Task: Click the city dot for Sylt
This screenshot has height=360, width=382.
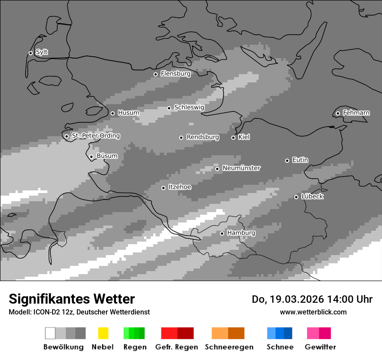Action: coord(30,53)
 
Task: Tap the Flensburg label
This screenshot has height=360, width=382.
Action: coord(175,74)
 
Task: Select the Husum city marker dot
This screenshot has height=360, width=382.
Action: coord(112,113)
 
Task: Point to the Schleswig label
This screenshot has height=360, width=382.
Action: coord(189,107)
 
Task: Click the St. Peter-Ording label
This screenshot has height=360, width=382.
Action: coord(95,136)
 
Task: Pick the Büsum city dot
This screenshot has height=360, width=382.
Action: coord(91,157)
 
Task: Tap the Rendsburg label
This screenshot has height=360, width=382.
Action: coord(202,137)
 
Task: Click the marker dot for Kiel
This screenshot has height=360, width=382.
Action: coord(233,137)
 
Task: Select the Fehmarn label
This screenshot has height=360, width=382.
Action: coord(356,113)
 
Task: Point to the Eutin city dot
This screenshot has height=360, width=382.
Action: coord(287,160)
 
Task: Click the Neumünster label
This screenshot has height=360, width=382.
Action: coord(241,168)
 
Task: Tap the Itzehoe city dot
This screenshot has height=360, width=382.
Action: coord(163,188)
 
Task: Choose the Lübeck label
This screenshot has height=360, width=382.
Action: coord(312,196)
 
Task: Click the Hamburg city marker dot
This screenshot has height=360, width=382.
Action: coord(222,233)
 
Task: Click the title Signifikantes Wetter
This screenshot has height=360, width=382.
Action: coord(72,299)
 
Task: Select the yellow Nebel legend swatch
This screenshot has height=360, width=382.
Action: coord(103,333)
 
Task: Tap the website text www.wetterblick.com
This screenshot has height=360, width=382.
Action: coord(313,312)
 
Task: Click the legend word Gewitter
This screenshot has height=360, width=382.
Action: coord(320,347)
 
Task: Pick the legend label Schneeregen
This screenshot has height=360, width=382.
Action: coord(229,347)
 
